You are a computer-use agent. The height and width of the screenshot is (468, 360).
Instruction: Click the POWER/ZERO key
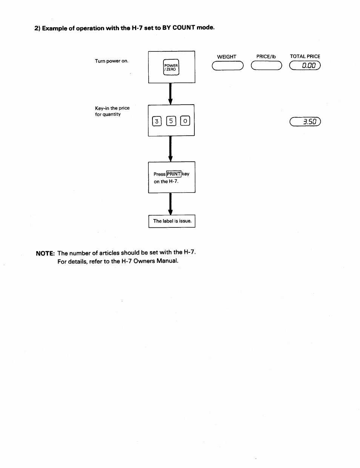pos(171,67)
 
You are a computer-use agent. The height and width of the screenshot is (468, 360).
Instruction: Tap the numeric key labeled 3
pos(157,121)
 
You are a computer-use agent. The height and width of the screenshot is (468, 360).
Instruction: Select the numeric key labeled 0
pos(185,121)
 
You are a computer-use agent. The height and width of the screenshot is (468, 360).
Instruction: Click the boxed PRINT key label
pos(174,174)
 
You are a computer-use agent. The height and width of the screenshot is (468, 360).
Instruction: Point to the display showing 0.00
pos(305,65)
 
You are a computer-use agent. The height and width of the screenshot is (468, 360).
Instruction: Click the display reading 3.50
pos(305,122)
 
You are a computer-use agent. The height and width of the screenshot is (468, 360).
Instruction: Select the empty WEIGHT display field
pos(228,66)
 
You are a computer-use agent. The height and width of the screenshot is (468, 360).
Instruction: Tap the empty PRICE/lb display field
pos(266,65)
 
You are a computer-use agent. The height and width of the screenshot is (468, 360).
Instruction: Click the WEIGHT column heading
pos(227,57)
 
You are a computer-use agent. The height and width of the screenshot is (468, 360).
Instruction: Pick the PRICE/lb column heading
pos(266,57)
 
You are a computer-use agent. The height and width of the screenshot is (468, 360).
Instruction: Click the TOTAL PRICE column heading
pos(305,56)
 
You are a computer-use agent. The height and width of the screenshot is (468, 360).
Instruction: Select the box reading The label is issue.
pos(172,221)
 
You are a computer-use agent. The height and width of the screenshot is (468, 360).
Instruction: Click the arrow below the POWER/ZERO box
pos(170,94)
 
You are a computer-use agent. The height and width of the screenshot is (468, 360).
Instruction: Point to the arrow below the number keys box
pos(170,149)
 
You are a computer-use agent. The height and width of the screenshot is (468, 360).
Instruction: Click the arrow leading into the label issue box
pos(170,204)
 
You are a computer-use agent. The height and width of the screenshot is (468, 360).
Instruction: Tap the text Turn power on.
pos(112,61)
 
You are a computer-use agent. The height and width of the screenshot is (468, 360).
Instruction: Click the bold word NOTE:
pos(45,253)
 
